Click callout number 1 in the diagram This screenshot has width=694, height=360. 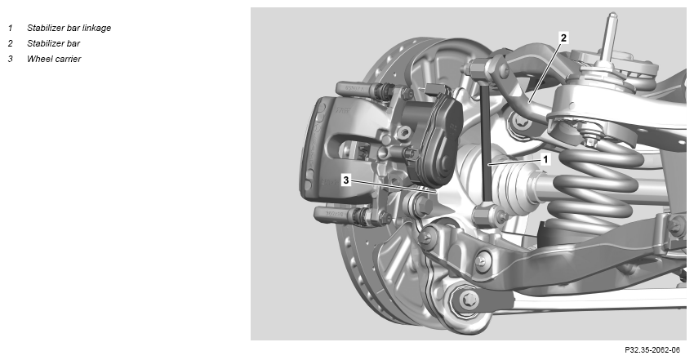(545, 159)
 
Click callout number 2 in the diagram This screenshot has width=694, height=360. (563, 38)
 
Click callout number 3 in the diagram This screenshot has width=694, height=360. (346, 180)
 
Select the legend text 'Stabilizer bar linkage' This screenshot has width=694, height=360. (69, 28)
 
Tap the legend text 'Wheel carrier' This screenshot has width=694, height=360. (54, 59)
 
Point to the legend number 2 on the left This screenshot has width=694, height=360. (10, 43)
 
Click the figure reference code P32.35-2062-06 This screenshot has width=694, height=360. (652, 350)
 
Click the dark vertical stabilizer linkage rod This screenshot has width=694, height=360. (486, 142)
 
